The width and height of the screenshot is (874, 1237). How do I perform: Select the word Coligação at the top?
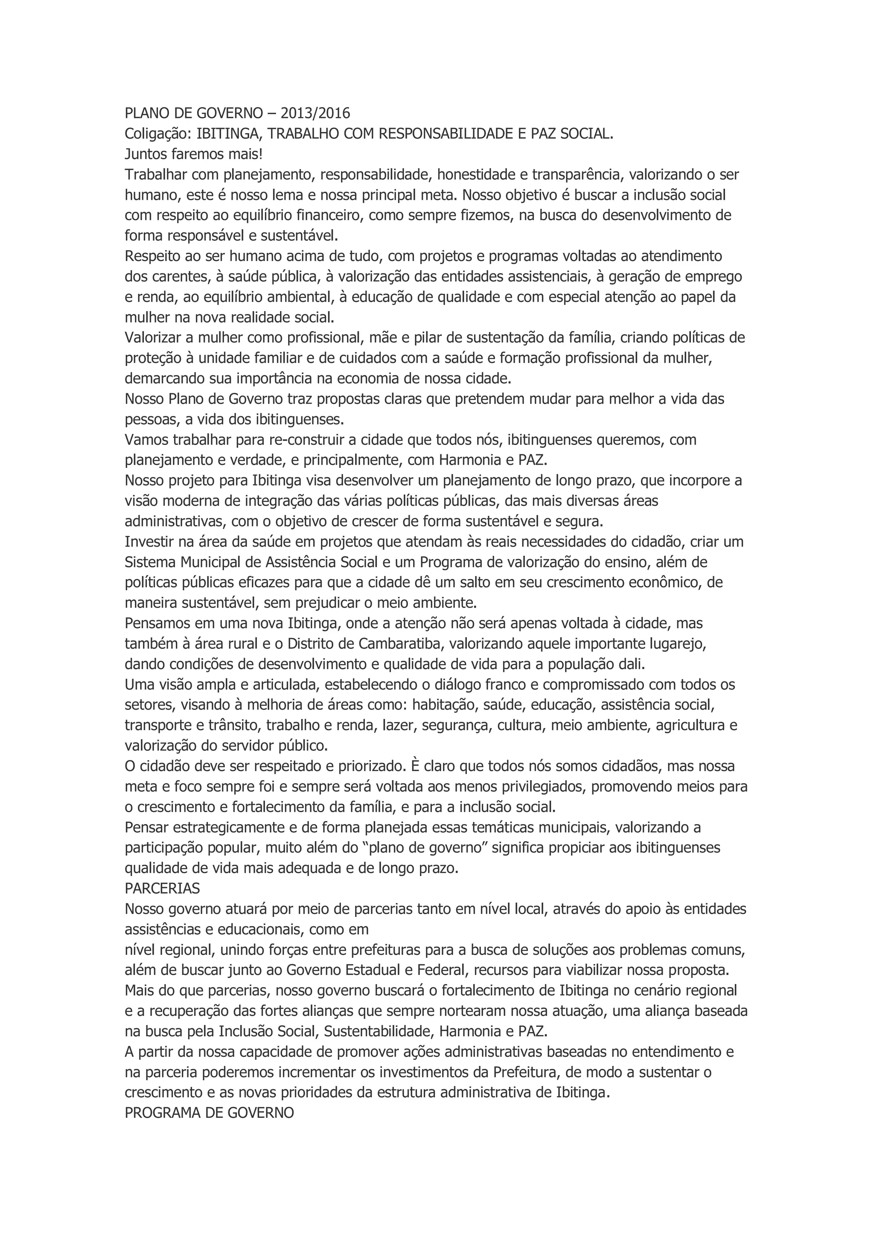[x=156, y=134]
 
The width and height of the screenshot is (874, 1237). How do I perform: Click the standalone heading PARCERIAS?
[x=162, y=888]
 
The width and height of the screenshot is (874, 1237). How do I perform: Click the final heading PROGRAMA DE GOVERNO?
[x=209, y=1113]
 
